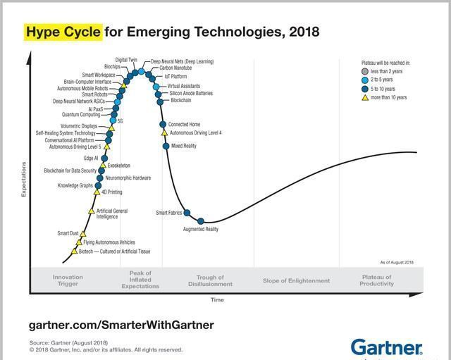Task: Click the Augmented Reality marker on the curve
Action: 200,222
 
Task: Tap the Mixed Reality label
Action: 184,146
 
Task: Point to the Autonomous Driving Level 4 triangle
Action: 164,132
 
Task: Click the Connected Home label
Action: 184,125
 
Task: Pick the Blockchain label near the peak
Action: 181,101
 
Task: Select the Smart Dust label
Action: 68,233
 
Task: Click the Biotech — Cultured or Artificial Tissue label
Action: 114,252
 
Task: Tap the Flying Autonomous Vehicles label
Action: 109,242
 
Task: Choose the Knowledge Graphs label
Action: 75,185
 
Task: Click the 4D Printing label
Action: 111,192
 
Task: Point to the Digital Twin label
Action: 126,60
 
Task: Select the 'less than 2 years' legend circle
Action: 364,71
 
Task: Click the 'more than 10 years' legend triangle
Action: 364,97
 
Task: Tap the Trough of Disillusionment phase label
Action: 210,281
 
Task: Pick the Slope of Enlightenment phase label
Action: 296,280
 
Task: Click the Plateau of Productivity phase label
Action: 377,280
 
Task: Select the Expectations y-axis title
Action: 24,179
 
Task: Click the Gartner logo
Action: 387,347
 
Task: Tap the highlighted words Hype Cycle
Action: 63,32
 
